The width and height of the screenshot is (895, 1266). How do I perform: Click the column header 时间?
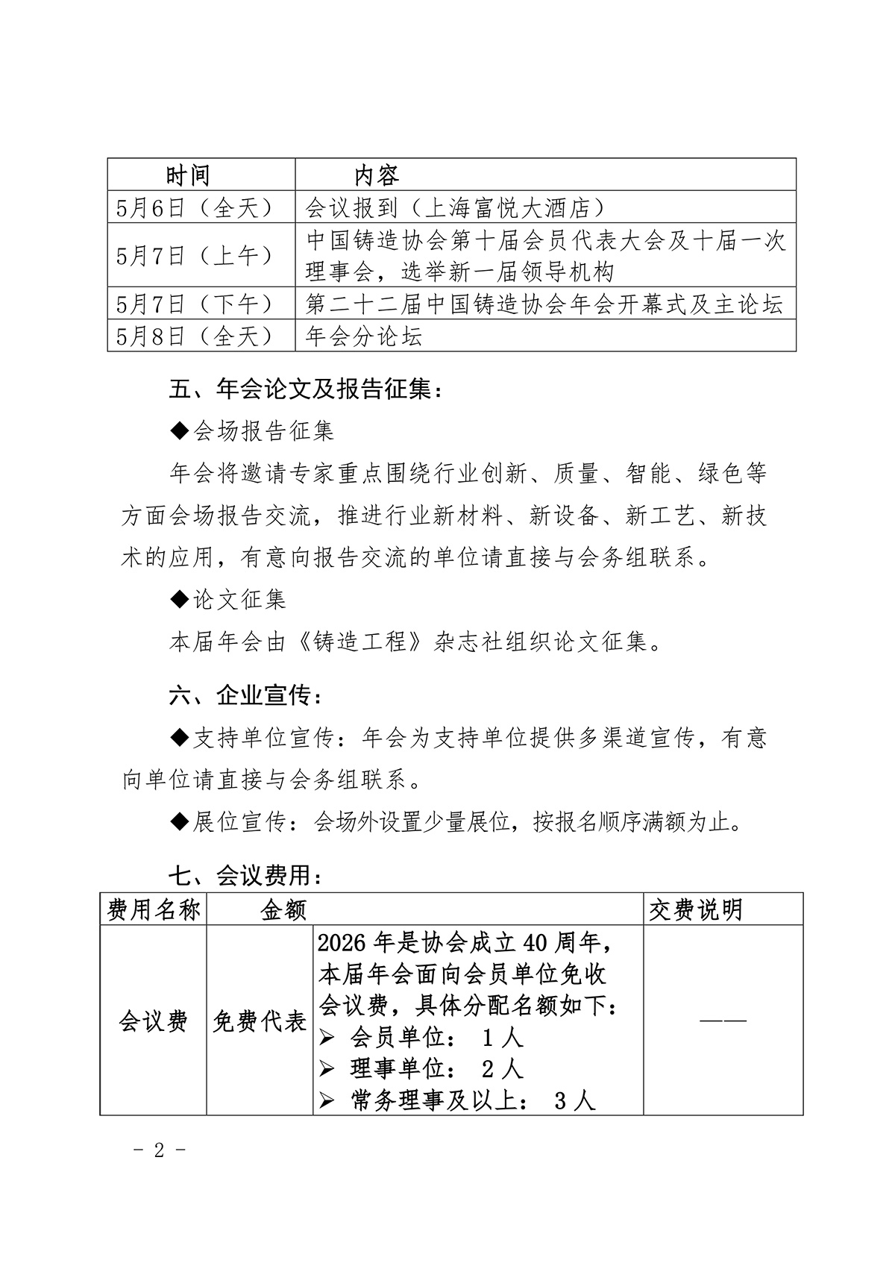tap(187, 175)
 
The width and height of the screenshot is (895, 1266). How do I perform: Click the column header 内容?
tap(376, 175)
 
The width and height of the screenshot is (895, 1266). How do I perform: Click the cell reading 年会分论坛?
tap(364, 336)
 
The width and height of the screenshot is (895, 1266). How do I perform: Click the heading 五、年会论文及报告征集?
tap(306, 389)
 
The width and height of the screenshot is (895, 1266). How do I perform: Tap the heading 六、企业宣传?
tap(247, 695)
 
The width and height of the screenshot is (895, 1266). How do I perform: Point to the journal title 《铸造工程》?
tap(357, 642)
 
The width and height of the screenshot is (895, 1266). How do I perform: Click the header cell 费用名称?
tap(154, 909)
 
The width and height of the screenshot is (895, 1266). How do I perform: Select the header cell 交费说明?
tap(695, 909)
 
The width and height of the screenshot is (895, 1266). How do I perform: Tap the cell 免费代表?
tap(260, 1021)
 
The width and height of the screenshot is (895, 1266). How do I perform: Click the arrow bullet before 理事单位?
tap(326, 1070)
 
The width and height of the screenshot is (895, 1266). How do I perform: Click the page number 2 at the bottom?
tap(158, 1150)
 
